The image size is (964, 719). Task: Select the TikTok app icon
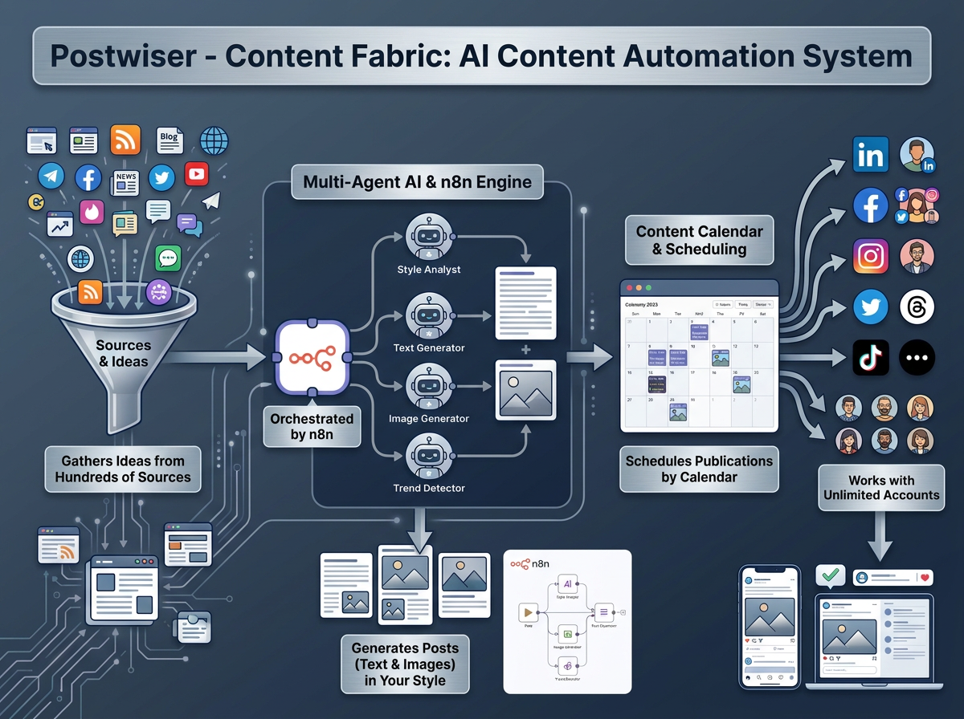(870, 358)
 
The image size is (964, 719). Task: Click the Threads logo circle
(917, 307)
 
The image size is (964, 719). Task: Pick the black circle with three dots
(917, 358)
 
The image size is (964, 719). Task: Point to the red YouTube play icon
(196, 173)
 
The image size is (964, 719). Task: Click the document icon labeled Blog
(170, 140)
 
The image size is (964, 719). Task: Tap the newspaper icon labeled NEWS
(125, 182)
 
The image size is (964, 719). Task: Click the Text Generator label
(429, 347)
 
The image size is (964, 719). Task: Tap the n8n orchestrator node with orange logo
(312, 358)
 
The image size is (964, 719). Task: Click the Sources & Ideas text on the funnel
(123, 353)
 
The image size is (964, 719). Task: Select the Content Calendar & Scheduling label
(699, 240)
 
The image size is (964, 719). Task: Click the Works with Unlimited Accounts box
(881, 488)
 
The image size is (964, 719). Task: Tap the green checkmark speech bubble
(830, 575)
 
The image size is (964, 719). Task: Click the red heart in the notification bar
(925, 577)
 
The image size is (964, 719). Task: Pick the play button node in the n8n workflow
(529, 612)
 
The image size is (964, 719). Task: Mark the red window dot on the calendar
(629, 287)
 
